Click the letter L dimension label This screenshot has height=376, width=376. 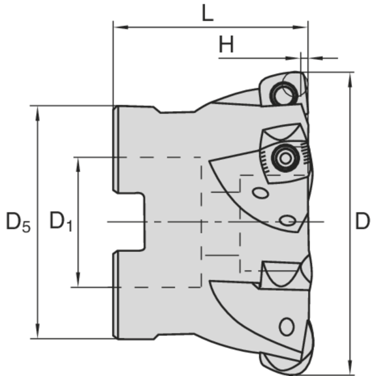click(207, 14)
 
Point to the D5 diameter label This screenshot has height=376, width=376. click(18, 222)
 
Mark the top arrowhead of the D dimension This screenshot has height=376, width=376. click(350, 77)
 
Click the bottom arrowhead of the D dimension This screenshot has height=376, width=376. click(350, 369)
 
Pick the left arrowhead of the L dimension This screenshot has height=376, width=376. click(118, 27)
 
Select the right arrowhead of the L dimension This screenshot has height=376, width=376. click(303, 27)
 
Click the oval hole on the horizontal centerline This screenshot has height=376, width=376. click(287, 220)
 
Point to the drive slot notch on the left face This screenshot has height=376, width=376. click(129, 222)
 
